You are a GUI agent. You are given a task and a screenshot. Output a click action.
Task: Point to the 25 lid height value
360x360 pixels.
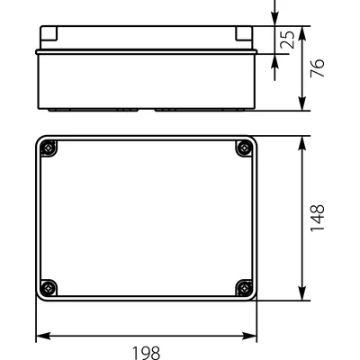[290, 40]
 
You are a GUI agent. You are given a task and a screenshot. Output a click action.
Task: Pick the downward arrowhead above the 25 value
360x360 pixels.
[275, 21]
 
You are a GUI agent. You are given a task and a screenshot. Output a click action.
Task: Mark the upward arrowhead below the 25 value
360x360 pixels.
[275, 58]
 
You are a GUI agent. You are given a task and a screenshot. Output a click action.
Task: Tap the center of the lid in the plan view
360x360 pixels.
[146, 218]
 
